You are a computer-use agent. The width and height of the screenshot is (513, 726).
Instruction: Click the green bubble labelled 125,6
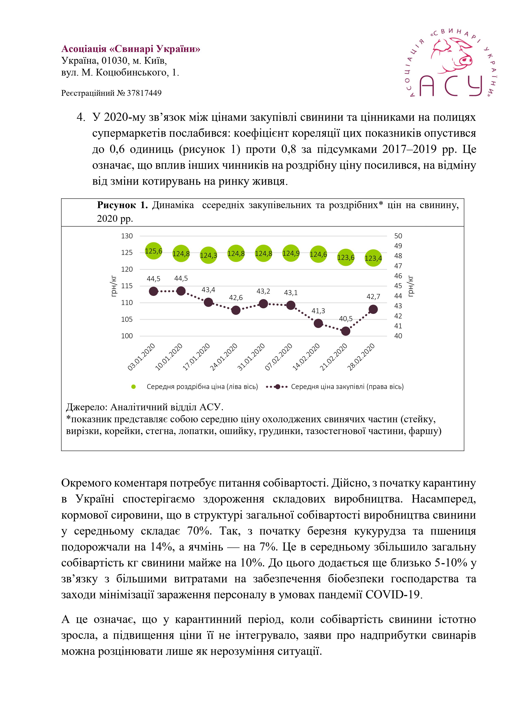[x=153, y=251]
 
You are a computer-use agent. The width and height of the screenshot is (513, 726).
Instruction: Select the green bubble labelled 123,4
[x=373, y=258]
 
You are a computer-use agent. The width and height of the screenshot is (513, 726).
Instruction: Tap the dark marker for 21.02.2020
[x=346, y=331]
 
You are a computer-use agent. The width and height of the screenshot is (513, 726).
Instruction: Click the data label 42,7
[x=373, y=297]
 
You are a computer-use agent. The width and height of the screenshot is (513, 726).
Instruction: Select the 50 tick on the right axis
[x=398, y=236]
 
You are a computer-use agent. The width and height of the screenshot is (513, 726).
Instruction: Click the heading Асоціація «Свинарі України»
[x=130, y=49]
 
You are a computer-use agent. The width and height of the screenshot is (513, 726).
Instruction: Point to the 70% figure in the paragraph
[x=199, y=531]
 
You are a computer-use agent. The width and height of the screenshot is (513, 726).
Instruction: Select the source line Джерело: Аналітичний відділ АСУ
[x=145, y=407]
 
